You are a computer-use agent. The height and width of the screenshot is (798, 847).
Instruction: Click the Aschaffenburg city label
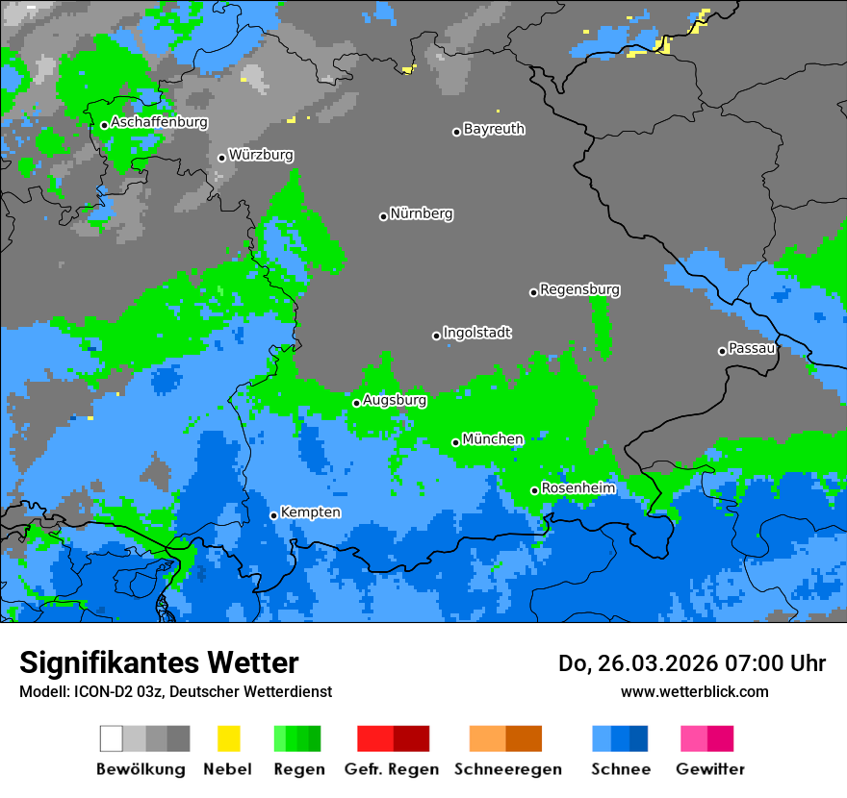pyautogui.click(x=159, y=122)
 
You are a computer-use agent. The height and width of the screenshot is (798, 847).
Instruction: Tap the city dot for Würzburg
pyautogui.click(x=221, y=158)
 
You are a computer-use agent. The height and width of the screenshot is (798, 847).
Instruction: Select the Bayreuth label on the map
pyautogui.click(x=494, y=129)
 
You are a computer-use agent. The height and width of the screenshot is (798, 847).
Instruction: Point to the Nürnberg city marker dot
pyautogui.click(x=383, y=216)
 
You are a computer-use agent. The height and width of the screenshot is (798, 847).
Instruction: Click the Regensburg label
pyautogui.click(x=579, y=289)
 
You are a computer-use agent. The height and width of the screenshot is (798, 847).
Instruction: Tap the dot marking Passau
pyautogui.click(x=722, y=351)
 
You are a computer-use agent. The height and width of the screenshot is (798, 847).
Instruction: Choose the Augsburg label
pyautogui.click(x=394, y=400)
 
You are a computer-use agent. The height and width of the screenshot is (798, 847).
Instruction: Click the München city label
pyautogui.click(x=493, y=439)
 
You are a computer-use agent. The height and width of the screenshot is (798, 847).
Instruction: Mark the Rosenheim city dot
pyautogui.click(x=534, y=491)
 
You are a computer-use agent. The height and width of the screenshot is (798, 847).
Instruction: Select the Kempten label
pyautogui.click(x=310, y=512)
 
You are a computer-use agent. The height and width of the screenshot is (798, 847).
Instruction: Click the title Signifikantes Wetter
pyautogui.click(x=159, y=662)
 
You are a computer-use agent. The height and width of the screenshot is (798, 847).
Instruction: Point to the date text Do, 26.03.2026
pyautogui.click(x=634, y=663)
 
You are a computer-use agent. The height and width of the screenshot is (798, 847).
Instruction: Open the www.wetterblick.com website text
pyautogui.click(x=694, y=691)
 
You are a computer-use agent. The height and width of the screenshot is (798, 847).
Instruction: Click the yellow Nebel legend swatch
pyautogui.click(x=228, y=738)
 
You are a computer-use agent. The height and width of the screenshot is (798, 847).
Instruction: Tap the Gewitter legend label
pyautogui.click(x=709, y=769)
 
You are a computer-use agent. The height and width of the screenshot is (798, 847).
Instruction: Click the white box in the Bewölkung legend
pyautogui.click(x=112, y=738)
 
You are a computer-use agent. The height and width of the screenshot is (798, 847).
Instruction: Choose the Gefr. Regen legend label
pyautogui.click(x=392, y=769)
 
